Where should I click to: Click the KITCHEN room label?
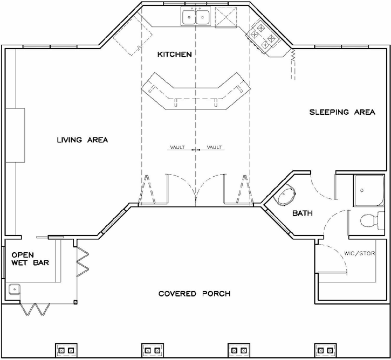tap(174, 54)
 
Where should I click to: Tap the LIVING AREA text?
tap(83, 140)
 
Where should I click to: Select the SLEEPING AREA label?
tap(342, 113)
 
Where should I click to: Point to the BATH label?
tap(303, 214)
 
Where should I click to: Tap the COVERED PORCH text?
tap(195, 294)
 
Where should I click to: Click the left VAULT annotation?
tap(177, 147)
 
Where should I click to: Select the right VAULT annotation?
tap(215, 147)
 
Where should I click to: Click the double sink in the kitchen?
tap(196, 17)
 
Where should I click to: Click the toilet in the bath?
tap(369, 220)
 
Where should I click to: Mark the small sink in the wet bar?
tap(14, 290)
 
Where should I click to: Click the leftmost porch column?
tap(66, 350)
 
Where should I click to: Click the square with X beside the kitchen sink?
tap(225, 17)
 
